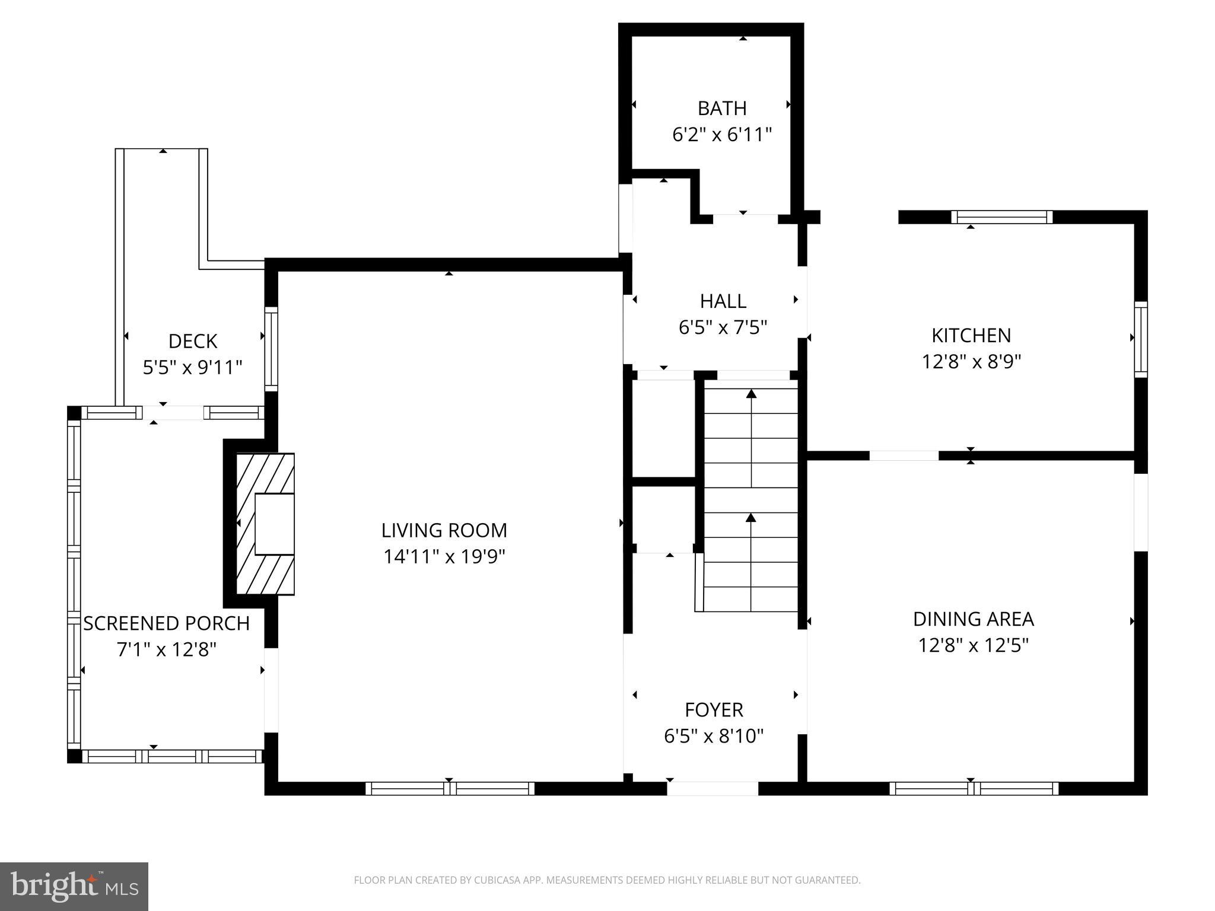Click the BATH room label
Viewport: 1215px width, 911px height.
(721, 109)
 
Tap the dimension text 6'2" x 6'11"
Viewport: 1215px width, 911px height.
(721, 135)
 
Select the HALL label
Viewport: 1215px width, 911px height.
(723, 301)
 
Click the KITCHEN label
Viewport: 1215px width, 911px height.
(971, 336)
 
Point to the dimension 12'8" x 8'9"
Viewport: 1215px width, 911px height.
(971, 362)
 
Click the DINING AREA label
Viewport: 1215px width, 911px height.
(973, 619)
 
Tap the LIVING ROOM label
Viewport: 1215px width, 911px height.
(444, 530)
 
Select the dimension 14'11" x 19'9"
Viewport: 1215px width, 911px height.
(444, 557)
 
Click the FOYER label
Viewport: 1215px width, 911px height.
(714, 710)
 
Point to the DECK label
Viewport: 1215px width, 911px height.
(193, 342)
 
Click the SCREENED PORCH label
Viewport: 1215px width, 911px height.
(166, 623)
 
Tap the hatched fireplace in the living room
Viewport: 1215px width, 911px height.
(265, 524)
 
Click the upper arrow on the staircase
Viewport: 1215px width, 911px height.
(751, 394)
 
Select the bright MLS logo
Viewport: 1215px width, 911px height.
(74, 886)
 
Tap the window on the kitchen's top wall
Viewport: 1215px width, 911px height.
(1001, 217)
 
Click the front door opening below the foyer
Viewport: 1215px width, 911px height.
(713, 788)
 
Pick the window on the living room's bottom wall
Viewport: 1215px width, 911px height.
(450, 788)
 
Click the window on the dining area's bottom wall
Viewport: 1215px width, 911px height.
(974, 788)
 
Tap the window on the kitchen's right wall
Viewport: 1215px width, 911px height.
(1140, 339)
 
